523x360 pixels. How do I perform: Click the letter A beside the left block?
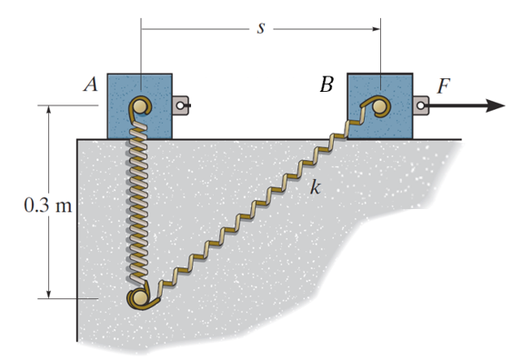(91, 84)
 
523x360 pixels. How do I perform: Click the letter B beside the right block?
(327, 85)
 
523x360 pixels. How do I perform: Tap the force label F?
(444, 86)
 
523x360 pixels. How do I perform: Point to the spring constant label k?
(316, 187)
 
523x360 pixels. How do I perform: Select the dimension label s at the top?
(261, 28)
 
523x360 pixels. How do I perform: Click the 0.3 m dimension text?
(47, 205)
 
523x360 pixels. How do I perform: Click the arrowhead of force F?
(495, 105)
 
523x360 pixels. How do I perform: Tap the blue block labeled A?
(140, 106)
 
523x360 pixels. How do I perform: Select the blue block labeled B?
(380, 106)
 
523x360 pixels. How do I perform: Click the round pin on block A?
(140, 106)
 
